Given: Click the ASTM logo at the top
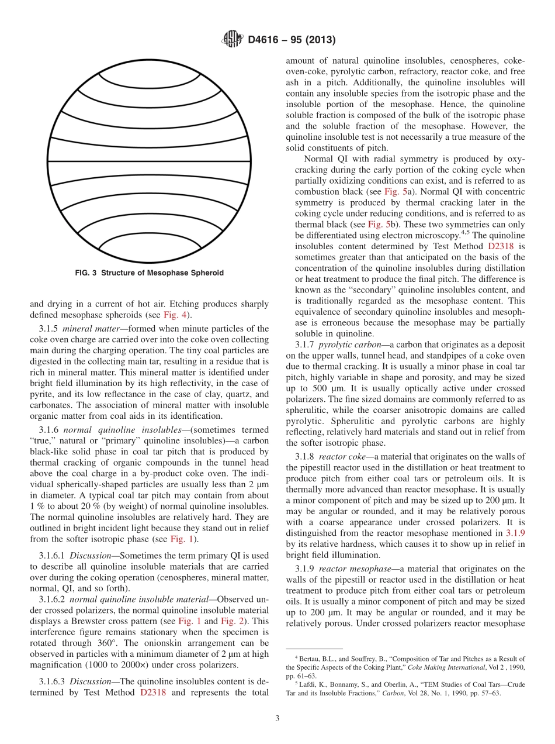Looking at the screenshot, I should (x=233, y=40).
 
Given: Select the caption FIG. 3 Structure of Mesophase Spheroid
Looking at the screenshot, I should (x=150, y=273).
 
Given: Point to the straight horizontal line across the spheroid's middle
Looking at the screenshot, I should (x=150, y=161).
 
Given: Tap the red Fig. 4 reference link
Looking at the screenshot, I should (x=173, y=316).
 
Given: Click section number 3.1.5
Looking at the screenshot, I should (x=49, y=328).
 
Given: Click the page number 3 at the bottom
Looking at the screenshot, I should (x=277, y=719).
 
